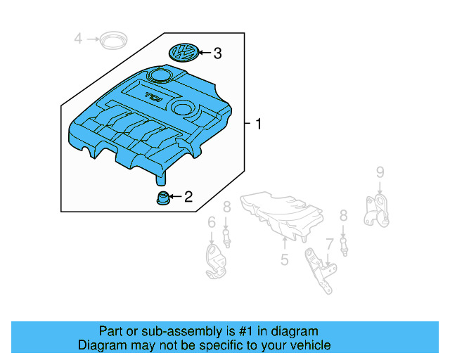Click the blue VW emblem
tap(185, 53)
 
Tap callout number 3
tap(217, 53)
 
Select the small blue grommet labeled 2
tap(162, 198)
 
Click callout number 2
tap(188, 198)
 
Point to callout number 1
tap(258, 124)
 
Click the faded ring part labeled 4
tap(109, 40)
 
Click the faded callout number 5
tap(284, 260)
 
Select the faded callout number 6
tap(211, 222)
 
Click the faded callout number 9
tap(379, 172)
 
